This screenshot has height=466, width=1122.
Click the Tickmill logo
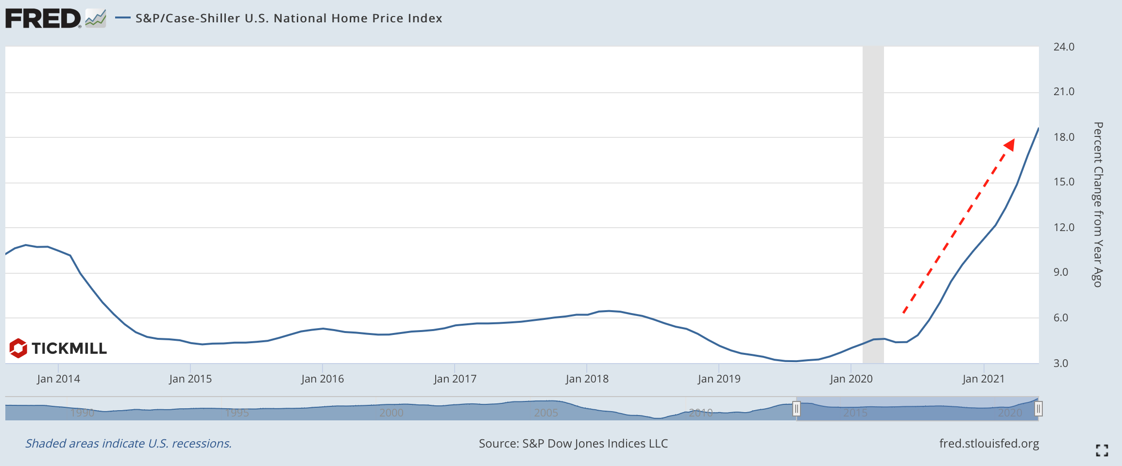click(58, 348)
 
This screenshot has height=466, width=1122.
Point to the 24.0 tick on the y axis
click(1064, 47)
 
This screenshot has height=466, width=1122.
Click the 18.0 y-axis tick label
click(1064, 137)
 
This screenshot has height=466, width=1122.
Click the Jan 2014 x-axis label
click(58, 379)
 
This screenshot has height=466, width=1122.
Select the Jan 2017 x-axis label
click(455, 379)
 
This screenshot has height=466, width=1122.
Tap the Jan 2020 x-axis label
click(851, 379)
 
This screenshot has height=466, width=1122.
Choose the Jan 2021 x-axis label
click(983, 379)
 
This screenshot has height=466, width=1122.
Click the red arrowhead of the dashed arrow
click(1009, 145)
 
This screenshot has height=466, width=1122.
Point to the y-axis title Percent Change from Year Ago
click(1098, 204)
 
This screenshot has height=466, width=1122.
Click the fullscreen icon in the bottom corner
click(1102, 450)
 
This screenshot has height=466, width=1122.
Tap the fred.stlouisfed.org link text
click(989, 444)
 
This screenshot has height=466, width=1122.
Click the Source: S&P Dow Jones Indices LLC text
click(573, 444)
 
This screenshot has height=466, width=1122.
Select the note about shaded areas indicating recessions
click(128, 444)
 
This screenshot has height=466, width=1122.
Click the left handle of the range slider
click(797, 409)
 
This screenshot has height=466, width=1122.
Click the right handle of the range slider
click(1038, 409)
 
